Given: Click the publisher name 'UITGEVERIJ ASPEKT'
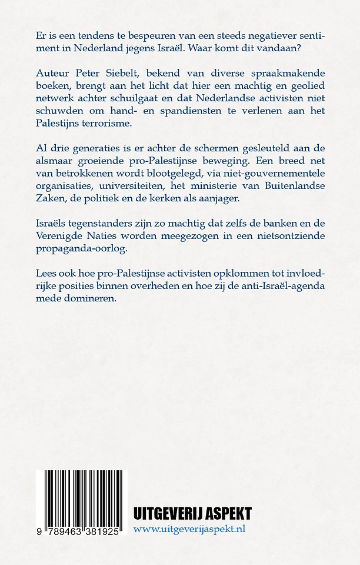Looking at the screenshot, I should tap(192, 513).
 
